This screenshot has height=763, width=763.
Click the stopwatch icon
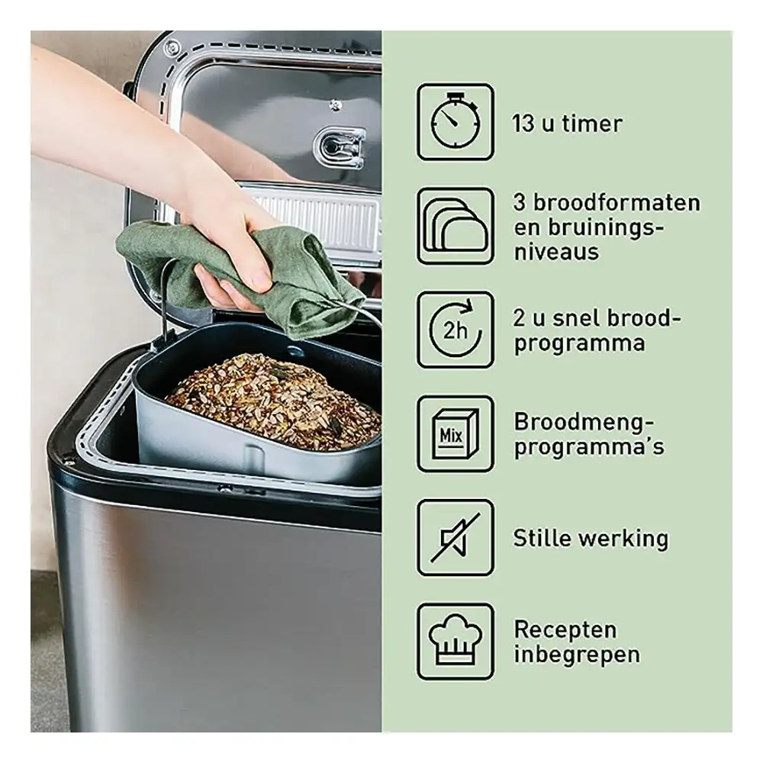[x=456, y=121]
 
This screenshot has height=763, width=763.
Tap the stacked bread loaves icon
[x=456, y=226]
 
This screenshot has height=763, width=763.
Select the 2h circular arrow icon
[x=456, y=330]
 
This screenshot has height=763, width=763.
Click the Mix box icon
[x=456, y=433]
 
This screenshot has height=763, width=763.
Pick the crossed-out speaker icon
[x=456, y=537]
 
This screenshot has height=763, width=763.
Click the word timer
[x=592, y=124]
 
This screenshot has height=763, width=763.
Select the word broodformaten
[x=617, y=202]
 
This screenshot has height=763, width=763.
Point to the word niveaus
[x=556, y=252]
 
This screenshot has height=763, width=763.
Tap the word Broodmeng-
[x=584, y=422]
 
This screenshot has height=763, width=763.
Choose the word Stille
[x=542, y=538]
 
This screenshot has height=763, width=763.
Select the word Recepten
[x=565, y=629]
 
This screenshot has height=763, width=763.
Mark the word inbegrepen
[x=577, y=655]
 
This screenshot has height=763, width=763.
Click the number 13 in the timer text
[x=523, y=124]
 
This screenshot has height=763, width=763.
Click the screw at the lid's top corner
[x=171, y=47]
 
